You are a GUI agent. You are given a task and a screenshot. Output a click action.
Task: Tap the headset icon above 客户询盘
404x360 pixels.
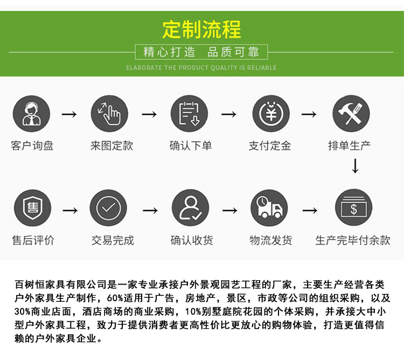tap(31, 114)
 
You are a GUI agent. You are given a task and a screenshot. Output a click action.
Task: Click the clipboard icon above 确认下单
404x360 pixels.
tap(189, 114)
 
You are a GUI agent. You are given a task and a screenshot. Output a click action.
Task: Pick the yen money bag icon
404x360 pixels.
tap(271, 114)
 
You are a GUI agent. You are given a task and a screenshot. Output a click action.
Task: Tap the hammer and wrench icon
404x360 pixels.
tap(351, 114)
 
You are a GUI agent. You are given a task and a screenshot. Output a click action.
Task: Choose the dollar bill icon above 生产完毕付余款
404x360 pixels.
tap(353, 207)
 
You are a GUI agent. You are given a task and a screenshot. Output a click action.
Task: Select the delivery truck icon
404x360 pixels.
tap(269, 207)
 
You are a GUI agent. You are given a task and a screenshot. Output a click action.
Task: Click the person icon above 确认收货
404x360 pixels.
tap(190, 207)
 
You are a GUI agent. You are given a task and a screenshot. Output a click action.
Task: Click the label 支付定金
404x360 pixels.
tap(270, 146)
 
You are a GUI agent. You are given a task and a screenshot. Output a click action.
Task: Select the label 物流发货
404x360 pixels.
tap(271, 240)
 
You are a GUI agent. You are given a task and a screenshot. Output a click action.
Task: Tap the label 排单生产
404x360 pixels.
tap(349, 146)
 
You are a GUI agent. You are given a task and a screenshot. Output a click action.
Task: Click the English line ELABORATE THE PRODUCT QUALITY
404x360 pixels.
tap(201, 68)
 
